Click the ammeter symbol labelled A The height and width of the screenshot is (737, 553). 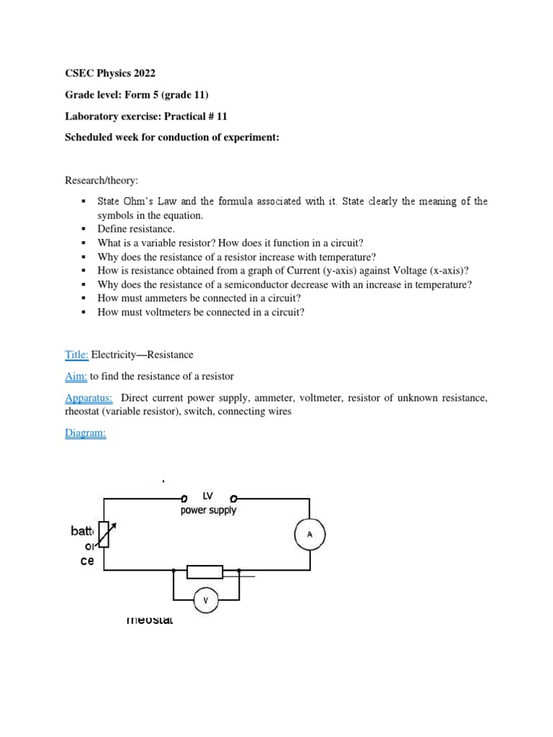click(x=310, y=535)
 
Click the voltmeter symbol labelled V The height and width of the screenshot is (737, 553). click(x=206, y=600)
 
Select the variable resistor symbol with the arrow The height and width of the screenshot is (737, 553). click(x=105, y=535)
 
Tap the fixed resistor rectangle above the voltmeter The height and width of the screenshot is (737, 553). click(x=204, y=572)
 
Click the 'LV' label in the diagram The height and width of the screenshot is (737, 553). click(x=209, y=497)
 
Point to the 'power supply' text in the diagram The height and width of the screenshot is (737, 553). click(x=208, y=510)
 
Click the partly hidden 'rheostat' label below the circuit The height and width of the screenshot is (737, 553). click(x=149, y=620)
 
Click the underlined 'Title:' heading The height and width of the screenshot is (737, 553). click(x=76, y=355)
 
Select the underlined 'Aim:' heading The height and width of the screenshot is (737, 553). click(x=76, y=376)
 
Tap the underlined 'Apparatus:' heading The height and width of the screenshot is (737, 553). click(x=89, y=398)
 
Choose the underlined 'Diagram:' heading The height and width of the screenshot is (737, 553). click(x=85, y=434)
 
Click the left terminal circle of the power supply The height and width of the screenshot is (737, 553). click(x=185, y=497)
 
